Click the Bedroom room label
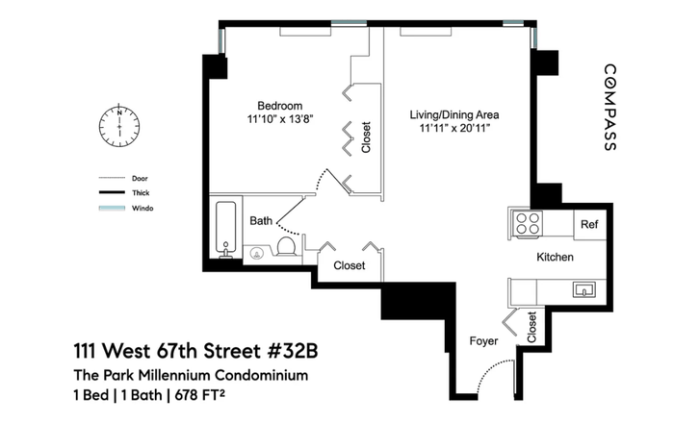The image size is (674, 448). (280, 106)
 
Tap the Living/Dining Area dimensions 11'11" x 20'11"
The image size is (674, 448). (454, 128)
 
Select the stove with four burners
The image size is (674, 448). (528, 224)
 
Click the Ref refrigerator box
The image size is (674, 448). (589, 224)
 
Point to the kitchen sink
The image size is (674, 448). (584, 290)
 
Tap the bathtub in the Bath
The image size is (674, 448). (225, 229)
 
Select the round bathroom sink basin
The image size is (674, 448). (257, 254)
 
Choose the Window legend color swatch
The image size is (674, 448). (112, 208)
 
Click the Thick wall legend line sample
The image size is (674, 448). (112, 192)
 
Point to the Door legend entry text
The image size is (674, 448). (140, 179)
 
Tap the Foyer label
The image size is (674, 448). (483, 341)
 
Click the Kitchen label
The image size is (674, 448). (555, 257)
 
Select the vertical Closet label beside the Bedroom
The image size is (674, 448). (366, 137)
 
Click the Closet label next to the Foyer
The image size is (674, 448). (531, 327)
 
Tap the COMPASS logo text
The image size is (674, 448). (610, 108)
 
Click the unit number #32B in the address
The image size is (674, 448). (293, 351)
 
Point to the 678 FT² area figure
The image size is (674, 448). (200, 395)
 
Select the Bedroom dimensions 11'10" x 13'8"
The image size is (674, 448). (280, 119)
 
